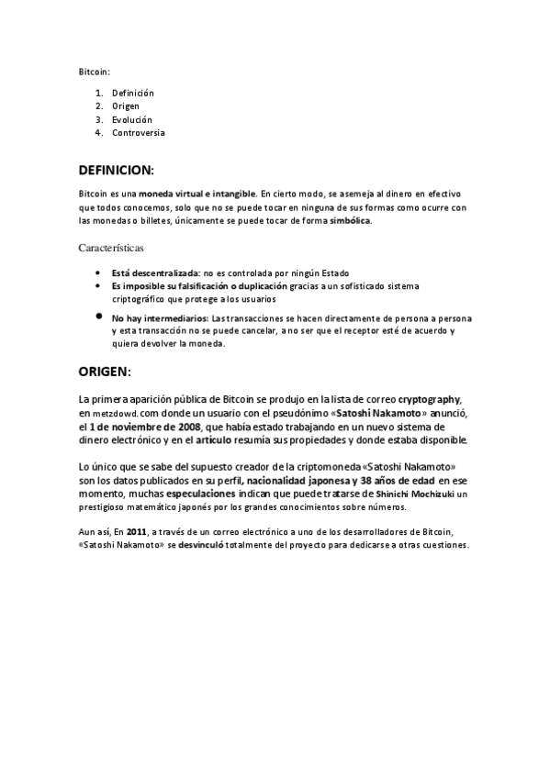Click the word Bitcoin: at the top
click(x=93, y=72)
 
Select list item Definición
click(x=132, y=94)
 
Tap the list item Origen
click(x=127, y=106)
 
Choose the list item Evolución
click(x=132, y=120)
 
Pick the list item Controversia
click(x=138, y=133)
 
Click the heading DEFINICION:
click(x=117, y=171)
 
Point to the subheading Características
click(x=111, y=248)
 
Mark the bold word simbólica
click(x=351, y=221)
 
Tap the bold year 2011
click(x=136, y=531)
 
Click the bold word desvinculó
click(x=208, y=544)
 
